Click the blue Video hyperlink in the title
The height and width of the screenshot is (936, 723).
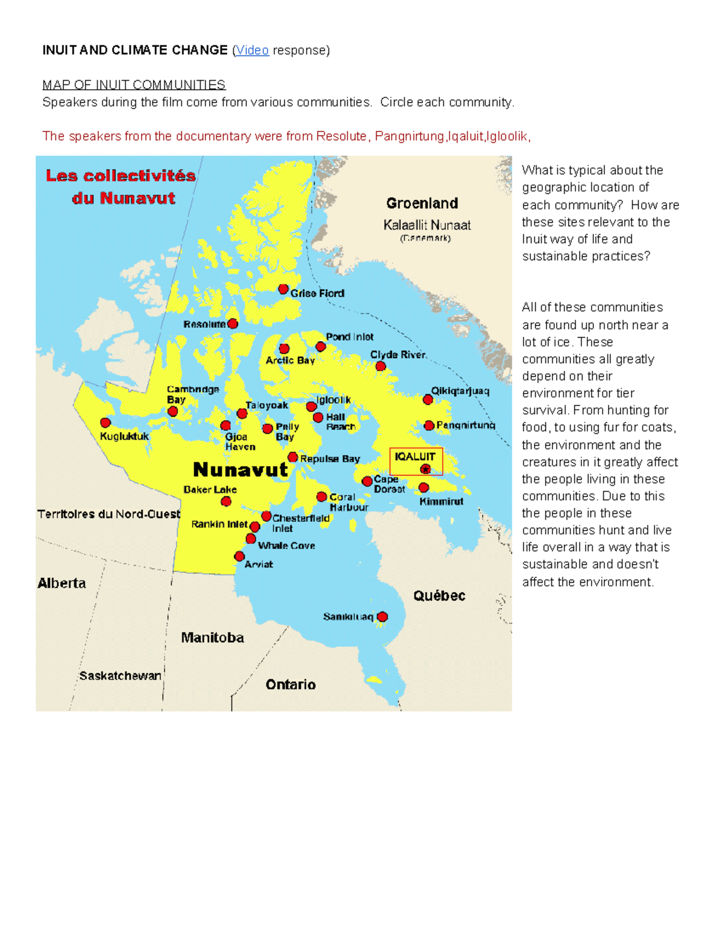(252, 50)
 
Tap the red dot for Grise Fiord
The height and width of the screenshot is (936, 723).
(283, 289)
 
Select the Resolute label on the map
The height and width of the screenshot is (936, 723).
(204, 324)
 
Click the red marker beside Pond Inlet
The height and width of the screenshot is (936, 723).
(321, 347)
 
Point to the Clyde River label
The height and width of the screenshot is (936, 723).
(398, 354)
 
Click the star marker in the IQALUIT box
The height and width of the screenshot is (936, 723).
(426, 469)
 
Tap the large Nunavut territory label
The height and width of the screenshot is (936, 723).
(240, 470)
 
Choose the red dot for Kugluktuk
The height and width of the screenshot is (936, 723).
(105, 422)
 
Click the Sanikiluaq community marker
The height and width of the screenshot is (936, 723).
(382, 617)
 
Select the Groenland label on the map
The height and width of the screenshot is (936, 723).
(422, 203)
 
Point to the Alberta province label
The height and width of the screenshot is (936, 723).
(61, 583)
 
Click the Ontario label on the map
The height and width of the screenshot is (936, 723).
(290, 685)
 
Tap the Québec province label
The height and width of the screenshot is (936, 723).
(439, 596)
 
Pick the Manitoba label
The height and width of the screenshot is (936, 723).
(213, 638)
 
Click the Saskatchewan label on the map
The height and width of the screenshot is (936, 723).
(120, 676)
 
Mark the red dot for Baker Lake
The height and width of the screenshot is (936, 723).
(226, 501)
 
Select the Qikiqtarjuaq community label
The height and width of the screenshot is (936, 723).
(460, 391)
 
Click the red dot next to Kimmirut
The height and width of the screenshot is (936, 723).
(424, 488)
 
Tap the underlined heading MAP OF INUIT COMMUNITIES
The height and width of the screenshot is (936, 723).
(134, 84)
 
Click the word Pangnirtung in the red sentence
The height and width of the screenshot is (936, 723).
(409, 136)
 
